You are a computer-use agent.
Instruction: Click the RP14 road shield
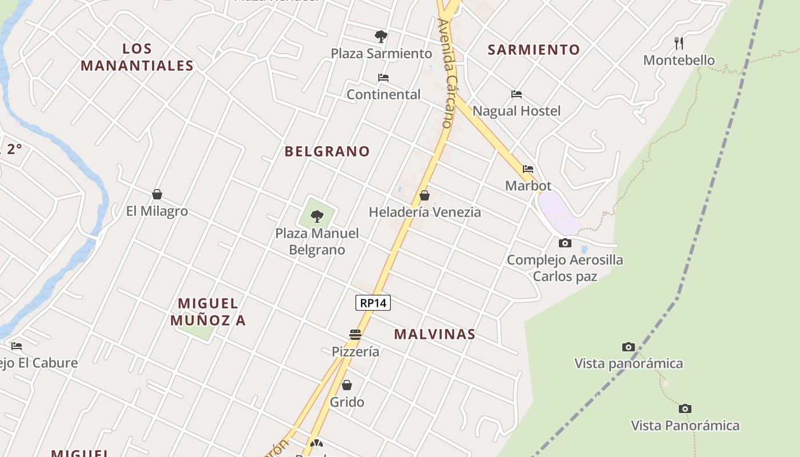click(373, 303)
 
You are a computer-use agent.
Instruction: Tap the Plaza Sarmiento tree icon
click(381, 37)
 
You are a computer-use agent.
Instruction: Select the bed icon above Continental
click(383, 78)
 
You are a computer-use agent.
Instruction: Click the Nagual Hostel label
click(517, 111)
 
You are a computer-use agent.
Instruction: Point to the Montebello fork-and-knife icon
click(679, 43)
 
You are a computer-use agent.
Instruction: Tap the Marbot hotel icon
click(528, 169)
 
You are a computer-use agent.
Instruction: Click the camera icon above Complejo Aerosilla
click(565, 243)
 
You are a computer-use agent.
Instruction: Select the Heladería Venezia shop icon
click(425, 195)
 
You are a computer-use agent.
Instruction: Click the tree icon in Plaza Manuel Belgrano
click(317, 217)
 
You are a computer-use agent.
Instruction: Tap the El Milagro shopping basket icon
click(157, 195)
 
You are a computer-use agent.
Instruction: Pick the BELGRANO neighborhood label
click(327, 151)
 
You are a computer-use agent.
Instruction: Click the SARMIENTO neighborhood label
click(534, 50)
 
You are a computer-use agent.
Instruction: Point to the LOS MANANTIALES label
click(137, 57)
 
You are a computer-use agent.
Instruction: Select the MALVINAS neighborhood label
click(435, 334)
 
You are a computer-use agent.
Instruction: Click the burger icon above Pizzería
click(355, 335)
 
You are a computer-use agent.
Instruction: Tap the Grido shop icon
click(347, 385)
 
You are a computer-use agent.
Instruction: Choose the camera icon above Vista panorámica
click(629, 347)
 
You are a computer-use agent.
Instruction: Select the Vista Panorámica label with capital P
click(685, 426)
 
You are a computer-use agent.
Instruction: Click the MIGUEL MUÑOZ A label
click(208, 312)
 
